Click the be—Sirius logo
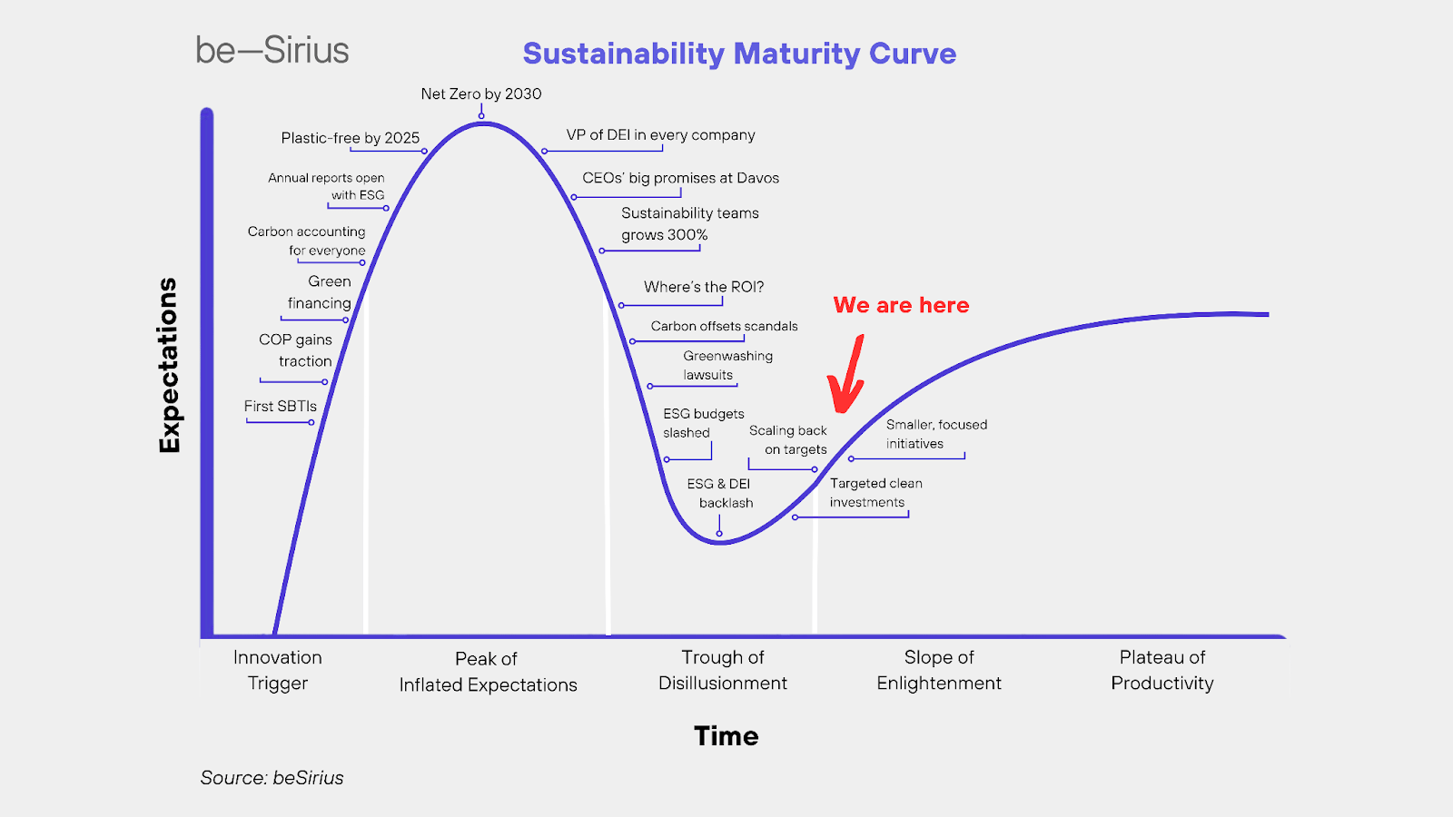click(x=272, y=50)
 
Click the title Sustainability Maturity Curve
click(x=739, y=54)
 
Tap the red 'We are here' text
click(x=901, y=305)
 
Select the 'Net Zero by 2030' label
click(x=481, y=94)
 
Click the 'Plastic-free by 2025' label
click(x=351, y=138)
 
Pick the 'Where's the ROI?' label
click(x=704, y=287)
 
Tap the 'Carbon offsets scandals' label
click(x=724, y=326)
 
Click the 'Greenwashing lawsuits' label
click(x=727, y=365)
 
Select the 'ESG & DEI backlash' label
click(x=720, y=494)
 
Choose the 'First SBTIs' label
click(x=281, y=406)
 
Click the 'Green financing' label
click(x=319, y=291)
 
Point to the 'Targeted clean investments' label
click(x=875, y=493)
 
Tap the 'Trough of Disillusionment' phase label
click(x=723, y=670)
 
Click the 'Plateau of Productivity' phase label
click(x=1161, y=670)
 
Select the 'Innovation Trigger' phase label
click(x=278, y=670)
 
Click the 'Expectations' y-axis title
click(x=169, y=365)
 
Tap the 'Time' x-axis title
click(x=726, y=736)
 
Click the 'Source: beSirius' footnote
click(x=272, y=777)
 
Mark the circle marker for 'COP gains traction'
click(x=325, y=382)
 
